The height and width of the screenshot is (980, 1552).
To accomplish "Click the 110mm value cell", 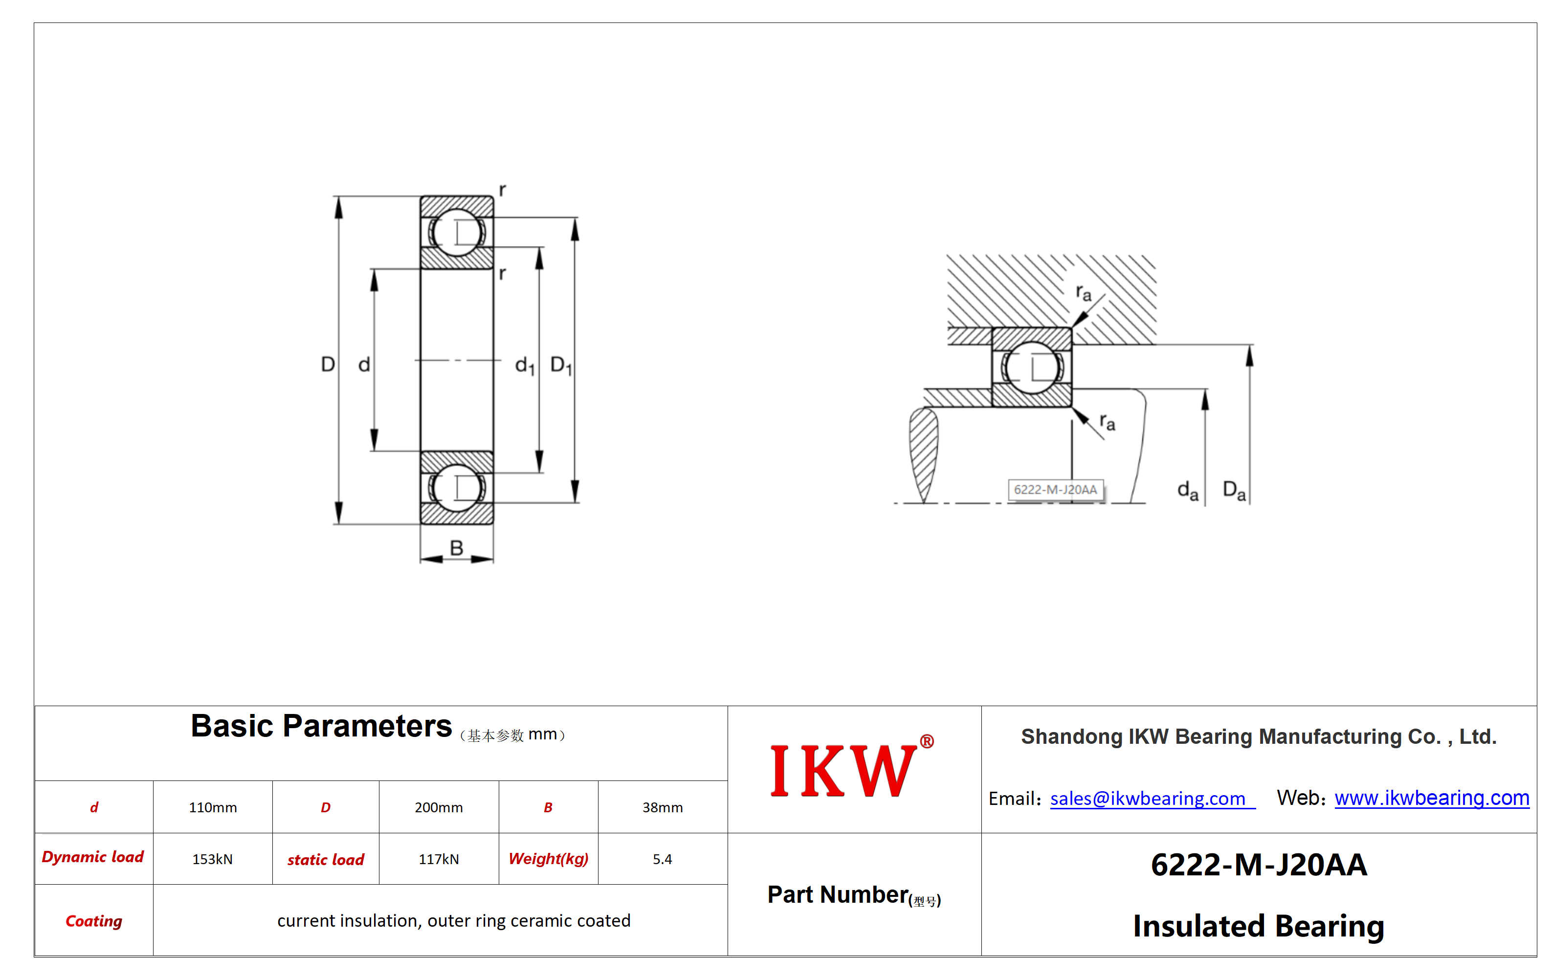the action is [x=213, y=807].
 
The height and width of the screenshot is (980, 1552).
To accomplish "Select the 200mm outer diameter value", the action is [x=438, y=807].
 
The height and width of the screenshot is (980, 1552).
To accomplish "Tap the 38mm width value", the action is [x=663, y=807].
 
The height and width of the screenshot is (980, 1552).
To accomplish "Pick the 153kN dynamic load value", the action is [x=213, y=859].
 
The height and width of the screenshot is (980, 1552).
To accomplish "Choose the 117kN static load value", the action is [x=438, y=859].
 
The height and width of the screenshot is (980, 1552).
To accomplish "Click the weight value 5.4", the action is [x=663, y=859].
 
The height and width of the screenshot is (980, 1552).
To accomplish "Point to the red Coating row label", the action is [x=94, y=921].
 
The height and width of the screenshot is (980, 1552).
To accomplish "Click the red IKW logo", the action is [x=851, y=769].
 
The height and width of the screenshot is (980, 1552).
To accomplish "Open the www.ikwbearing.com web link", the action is [x=1432, y=798].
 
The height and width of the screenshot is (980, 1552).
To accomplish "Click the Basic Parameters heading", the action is [x=321, y=726].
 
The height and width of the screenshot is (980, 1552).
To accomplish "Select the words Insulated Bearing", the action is [x=1259, y=926].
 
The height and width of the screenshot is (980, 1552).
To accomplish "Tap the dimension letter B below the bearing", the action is [x=456, y=548].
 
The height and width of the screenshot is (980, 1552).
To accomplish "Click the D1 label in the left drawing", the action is [x=561, y=366].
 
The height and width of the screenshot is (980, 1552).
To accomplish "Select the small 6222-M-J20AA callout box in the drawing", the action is [x=1056, y=490].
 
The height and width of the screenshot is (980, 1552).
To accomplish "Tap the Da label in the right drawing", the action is [x=1234, y=491].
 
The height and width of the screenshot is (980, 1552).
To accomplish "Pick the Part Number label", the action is [x=854, y=895].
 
